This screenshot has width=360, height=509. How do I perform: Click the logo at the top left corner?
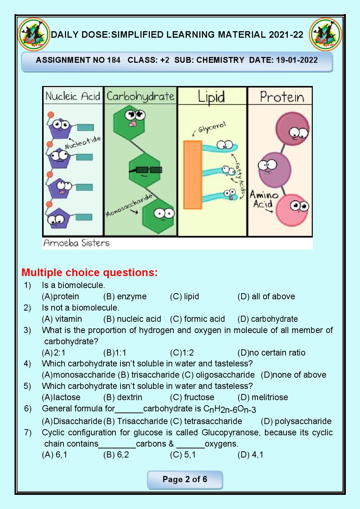pyautogui.click(x=33, y=35)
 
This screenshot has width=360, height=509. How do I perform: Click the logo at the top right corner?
pyautogui.click(x=326, y=35)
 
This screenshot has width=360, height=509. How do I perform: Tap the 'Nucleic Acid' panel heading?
pyautogui.click(x=73, y=96)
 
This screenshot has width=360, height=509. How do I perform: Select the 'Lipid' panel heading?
pyautogui.click(x=211, y=97)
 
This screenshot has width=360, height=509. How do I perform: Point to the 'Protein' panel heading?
pyautogui.click(x=282, y=97)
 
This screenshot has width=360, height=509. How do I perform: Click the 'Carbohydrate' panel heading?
pyautogui.click(x=140, y=97)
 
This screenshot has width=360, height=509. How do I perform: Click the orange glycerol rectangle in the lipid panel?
pyautogui.click(x=193, y=175)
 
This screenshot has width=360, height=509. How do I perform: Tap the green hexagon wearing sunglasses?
pyautogui.click(x=145, y=171)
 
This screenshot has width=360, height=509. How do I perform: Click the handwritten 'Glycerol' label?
pyautogui.click(x=212, y=127)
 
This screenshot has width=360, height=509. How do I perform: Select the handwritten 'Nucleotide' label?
pyautogui.click(x=83, y=142)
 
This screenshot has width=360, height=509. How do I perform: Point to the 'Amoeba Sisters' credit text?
pyautogui.click(x=77, y=243)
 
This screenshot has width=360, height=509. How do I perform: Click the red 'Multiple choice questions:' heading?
pyautogui.click(x=90, y=272)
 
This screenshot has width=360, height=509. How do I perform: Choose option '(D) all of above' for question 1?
pyautogui.click(x=266, y=296)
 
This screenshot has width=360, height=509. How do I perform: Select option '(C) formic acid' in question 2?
pyautogui.click(x=197, y=319)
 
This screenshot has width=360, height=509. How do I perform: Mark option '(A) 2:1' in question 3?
pyautogui.click(x=54, y=353)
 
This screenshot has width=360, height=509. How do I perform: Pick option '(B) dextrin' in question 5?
pyautogui.click(x=123, y=397)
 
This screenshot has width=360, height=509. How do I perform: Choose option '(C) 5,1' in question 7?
pyautogui.click(x=183, y=455)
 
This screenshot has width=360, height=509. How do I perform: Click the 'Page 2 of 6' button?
pyautogui.click(x=185, y=480)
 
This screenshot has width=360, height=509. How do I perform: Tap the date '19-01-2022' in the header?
pyautogui.click(x=297, y=60)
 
